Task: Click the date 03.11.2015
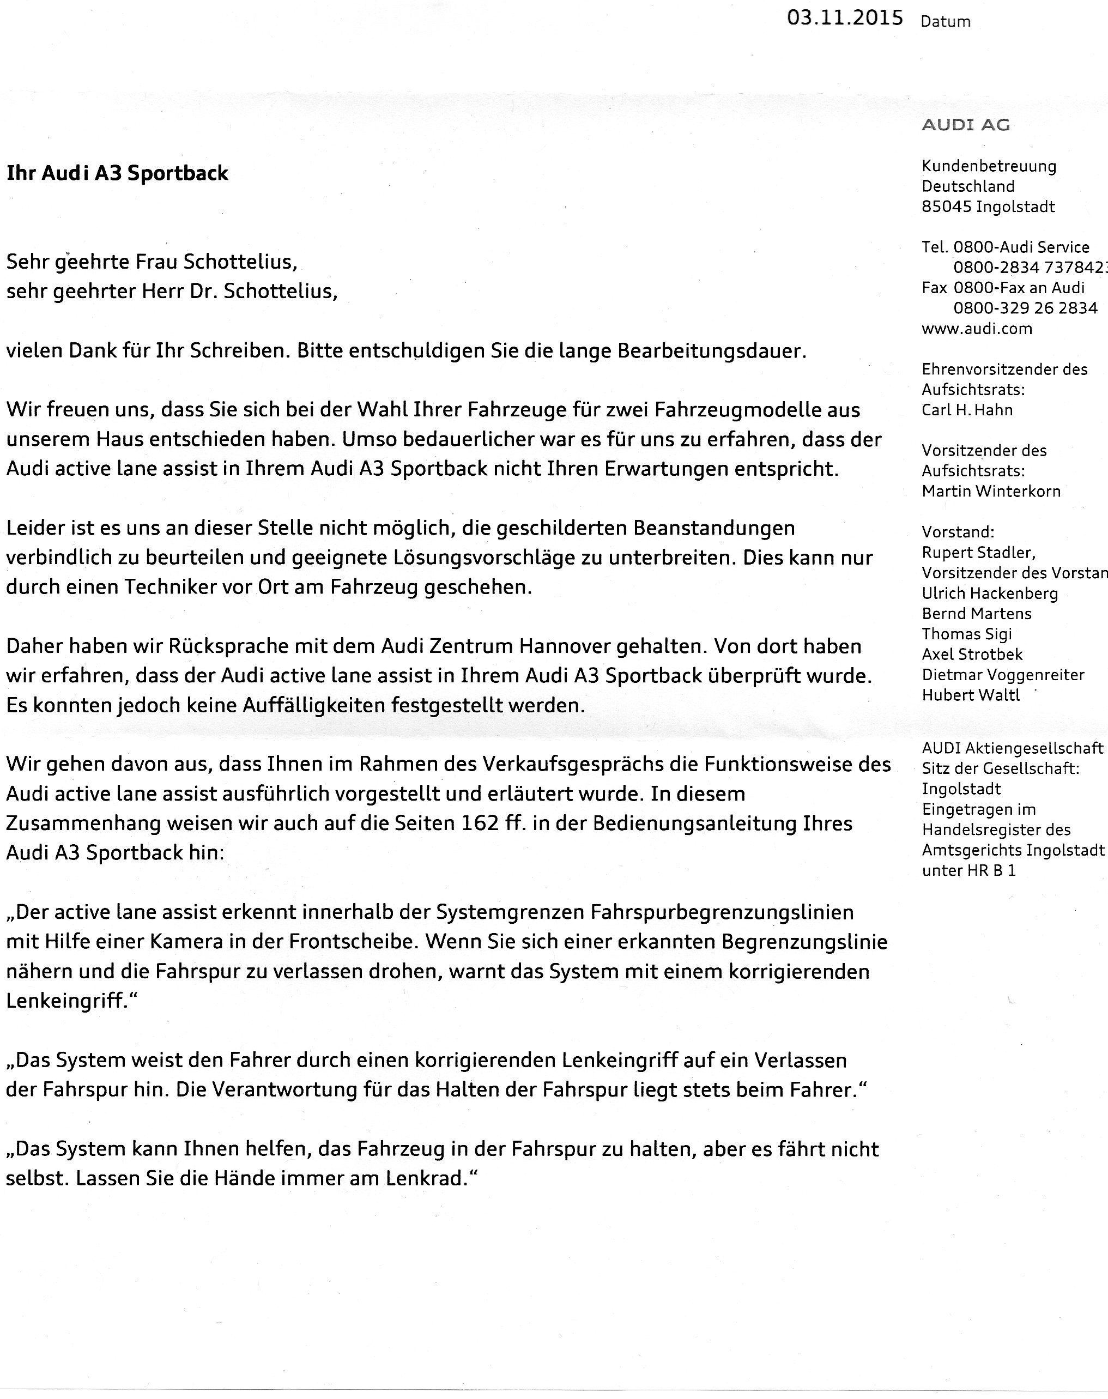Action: pyautogui.click(x=845, y=17)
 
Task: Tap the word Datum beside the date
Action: pyautogui.click(x=945, y=21)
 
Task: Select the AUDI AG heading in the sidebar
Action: pyautogui.click(x=965, y=125)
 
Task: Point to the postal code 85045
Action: pyautogui.click(x=946, y=207)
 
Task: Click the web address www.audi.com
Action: pyautogui.click(x=976, y=329)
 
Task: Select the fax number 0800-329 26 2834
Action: pyautogui.click(x=1025, y=308)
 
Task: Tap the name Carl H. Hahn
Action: pyautogui.click(x=967, y=410)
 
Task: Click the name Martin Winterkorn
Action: pyautogui.click(x=991, y=492)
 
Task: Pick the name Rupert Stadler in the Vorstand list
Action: pyautogui.click(x=978, y=553)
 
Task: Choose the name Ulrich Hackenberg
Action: pyautogui.click(x=989, y=593)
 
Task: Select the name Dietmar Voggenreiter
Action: pyautogui.click(x=1003, y=675)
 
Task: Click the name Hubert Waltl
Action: pyautogui.click(x=971, y=695)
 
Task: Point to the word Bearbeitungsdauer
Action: pyautogui.click(x=712, y=351)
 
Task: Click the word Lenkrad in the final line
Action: pyautogui.click(x=426, y=1178)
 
